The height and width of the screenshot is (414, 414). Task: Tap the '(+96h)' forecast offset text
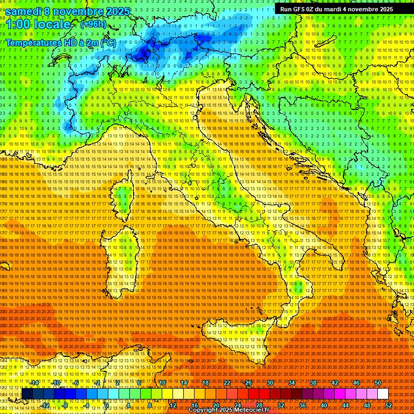93,24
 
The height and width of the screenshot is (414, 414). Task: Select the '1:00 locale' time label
38,25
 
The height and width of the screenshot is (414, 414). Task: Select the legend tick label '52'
389,405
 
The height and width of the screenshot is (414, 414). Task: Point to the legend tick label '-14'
33,383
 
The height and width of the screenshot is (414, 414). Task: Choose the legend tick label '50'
378,383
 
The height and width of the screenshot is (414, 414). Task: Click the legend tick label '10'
162,383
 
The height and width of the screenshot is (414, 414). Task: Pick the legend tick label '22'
227,383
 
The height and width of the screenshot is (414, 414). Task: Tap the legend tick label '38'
313,383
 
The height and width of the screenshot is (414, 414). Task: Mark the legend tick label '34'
292,383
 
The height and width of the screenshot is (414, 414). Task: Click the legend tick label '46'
356,383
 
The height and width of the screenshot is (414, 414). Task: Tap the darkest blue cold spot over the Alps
143,52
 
